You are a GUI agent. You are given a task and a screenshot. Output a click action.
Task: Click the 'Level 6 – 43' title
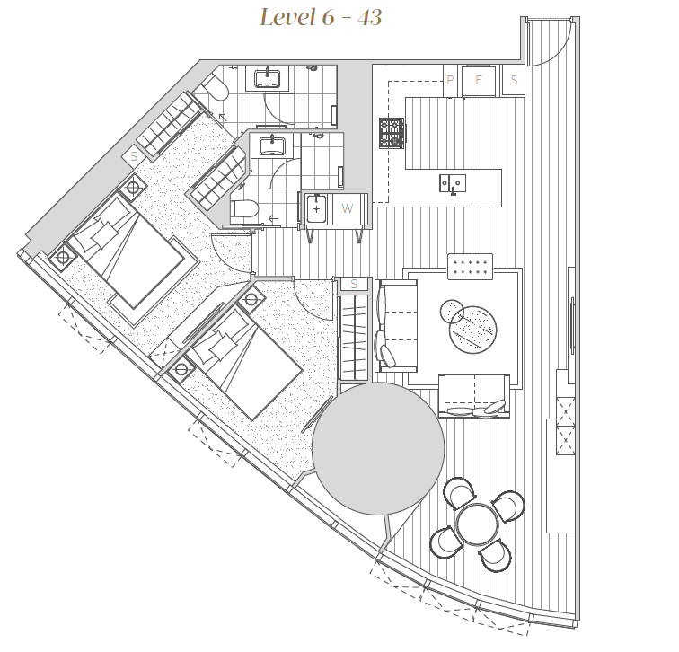[321, 18]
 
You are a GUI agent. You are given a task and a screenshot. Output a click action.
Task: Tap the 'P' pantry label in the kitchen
[450, 80]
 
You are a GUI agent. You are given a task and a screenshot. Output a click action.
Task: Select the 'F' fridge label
[479, 80]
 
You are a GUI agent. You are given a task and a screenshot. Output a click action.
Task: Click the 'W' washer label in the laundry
[347, 208]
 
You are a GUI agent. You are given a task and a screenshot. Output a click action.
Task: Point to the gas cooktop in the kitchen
[392, 133]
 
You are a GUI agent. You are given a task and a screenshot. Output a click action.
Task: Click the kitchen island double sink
[453, 183]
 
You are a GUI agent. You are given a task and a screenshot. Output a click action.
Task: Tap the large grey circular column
[378, 448]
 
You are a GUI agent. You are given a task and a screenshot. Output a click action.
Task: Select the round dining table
[478, 524]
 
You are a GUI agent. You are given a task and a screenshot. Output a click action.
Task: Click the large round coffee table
[472, 330]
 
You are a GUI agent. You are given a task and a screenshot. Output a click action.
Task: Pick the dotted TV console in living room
[471, 267]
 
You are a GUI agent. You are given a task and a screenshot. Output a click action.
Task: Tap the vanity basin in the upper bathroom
[267, 78]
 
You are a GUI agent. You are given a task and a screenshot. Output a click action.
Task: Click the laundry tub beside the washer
[316, 209]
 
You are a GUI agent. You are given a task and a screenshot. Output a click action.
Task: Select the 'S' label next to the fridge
[514, 80]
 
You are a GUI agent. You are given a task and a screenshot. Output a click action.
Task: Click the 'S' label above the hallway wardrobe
[354, 284]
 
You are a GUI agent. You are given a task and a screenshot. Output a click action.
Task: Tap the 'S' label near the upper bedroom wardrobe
[134, 156]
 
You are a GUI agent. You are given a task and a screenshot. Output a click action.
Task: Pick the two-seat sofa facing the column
[474, 396]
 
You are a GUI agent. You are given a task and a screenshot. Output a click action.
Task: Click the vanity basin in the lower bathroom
[272, 145]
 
